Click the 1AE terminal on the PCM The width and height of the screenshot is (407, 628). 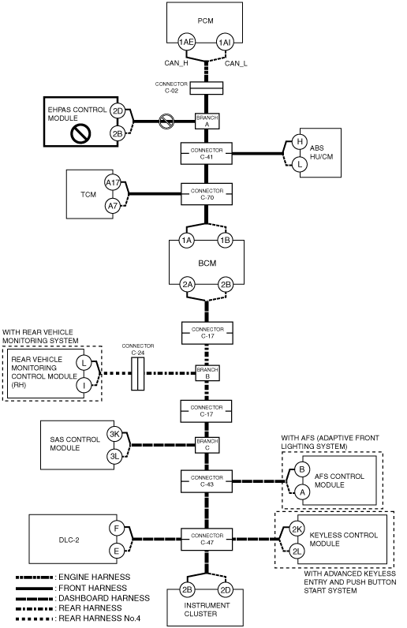(x=186, y=42)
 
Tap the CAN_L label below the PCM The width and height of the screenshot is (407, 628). (x=236, y=63)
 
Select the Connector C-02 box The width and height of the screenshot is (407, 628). (x=206, y=88)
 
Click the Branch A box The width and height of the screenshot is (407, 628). (x=207, y=121)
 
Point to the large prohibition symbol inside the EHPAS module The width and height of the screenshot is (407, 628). (x=80, y=134)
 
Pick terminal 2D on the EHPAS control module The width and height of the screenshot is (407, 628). (x=118, y=111)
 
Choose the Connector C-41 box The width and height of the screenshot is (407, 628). (x=207, y=153)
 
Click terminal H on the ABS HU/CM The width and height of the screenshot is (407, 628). (x=300, y=142)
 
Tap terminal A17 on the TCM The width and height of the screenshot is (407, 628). (x=113, y=183)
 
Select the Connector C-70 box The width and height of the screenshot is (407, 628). (x=207, y=194)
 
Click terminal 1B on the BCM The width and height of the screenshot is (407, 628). (x=225, y=241)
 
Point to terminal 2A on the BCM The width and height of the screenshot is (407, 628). (x=187, y=285)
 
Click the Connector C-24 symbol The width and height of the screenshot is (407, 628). (x=138, y=374)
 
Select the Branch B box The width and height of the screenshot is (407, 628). (x=207, y=373)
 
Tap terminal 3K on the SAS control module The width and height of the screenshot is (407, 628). (x=114, y=434)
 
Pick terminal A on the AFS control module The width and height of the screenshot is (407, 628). (x=302, y=492)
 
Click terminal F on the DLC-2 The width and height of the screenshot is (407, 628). (x=117, y=529)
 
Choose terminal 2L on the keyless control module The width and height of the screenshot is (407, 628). (x=297, y=551)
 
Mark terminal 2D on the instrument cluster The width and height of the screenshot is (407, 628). (x=226, y=590)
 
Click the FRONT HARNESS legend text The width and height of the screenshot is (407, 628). (x=92, y=588)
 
